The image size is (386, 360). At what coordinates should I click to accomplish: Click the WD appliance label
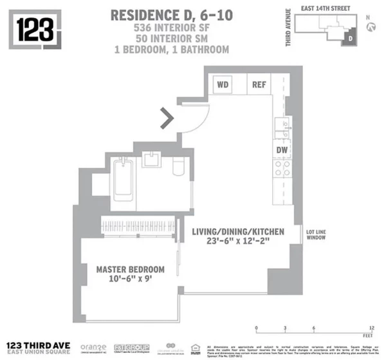click(x=223, y=84)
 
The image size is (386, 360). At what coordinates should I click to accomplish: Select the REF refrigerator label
click(x=259, y=84)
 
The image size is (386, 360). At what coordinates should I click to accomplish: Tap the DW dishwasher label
click(x=281, y=149)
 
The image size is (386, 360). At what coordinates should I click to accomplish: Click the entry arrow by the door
click(x=167, y=118)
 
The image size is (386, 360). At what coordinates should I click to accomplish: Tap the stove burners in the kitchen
click(x=281, y=169)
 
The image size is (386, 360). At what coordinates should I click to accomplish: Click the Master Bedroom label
click(x=130, y=269)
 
